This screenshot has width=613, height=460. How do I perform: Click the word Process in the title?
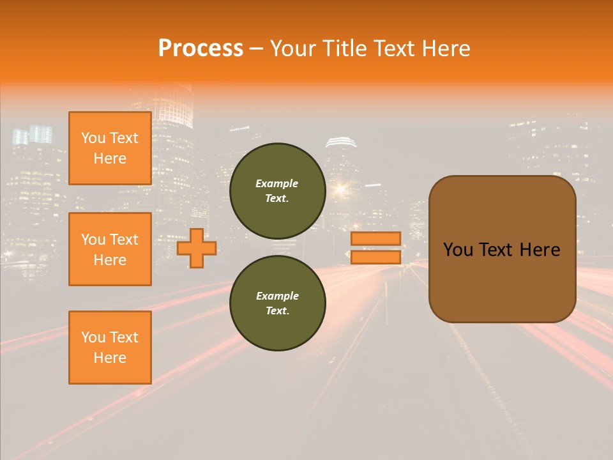tap(201, 49)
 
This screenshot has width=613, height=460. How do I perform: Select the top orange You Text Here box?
tap(110, 148)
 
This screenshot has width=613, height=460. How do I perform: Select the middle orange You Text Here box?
tap(110, 249)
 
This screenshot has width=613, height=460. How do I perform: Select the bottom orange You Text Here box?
tap(110, 348)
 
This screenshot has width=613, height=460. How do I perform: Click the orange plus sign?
tap(196, 249)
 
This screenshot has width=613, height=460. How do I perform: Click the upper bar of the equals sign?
tap(375, 239)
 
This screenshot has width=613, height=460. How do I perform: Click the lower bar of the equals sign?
tap(375, 257)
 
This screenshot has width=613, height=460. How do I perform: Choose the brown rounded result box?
tap(502, 281)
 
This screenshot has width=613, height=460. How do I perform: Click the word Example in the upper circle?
tap(277, 183)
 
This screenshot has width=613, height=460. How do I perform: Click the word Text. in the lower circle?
tap(277, 311)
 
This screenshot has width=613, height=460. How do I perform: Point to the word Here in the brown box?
tap(540, 250)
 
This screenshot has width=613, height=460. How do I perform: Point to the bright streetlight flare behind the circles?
tap(339, 188)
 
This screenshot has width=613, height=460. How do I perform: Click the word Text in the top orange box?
tap(124, 138)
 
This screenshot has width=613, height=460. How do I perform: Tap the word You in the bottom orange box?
tap(93, 337)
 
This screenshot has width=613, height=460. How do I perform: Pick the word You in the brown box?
tap(458, 250)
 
